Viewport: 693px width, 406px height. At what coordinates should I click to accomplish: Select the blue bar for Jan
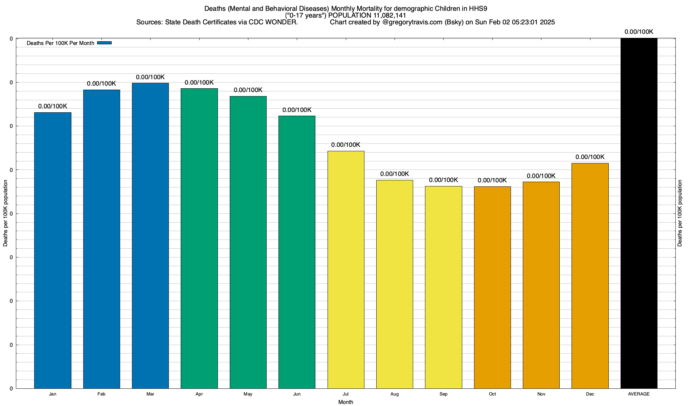[53, 250]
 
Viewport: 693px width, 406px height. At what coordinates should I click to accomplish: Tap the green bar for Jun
[297, 252]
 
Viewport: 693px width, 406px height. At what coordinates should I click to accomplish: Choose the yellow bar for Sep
[443, 287]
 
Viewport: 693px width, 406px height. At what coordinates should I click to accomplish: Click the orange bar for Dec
[590, 276]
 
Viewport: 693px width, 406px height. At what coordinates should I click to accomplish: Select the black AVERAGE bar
[639, 213]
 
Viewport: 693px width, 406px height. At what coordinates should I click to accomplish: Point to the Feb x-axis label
[102, 394]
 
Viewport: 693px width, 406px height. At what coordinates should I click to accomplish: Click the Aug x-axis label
[395, 394]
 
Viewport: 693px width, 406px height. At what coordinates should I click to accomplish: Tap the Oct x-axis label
[492, 394]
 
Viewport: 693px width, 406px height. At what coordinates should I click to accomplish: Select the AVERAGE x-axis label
[639, 394]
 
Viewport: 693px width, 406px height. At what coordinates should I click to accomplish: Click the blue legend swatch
[104, 43]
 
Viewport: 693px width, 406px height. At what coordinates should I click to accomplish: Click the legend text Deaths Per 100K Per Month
[60, 43]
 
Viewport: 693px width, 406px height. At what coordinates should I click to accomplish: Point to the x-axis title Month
[345, 402]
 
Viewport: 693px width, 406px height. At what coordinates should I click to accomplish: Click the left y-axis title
[5, 213]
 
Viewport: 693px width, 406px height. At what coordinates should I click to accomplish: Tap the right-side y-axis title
[680, 213]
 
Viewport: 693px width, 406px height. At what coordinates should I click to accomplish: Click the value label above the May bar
[248, 90]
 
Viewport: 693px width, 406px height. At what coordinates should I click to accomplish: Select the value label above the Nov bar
[541, 176]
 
